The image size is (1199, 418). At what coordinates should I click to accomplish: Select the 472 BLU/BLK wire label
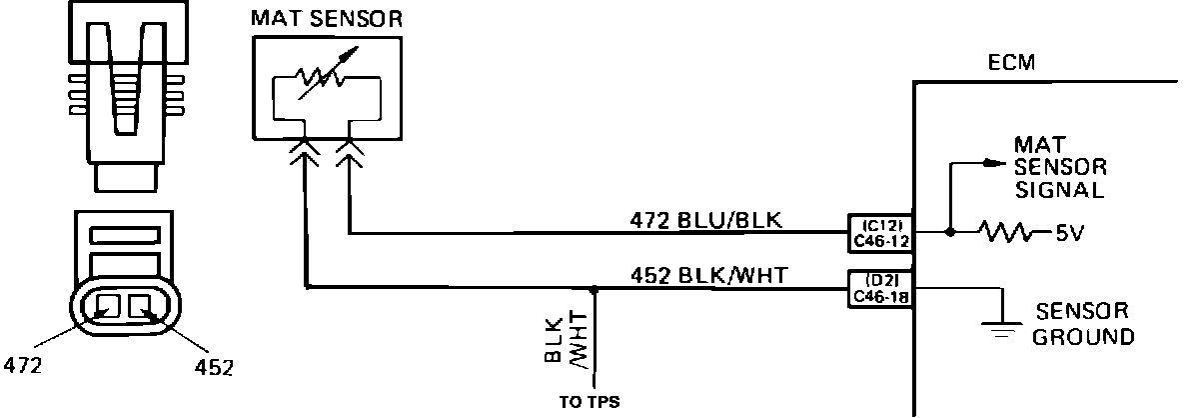point(712,220)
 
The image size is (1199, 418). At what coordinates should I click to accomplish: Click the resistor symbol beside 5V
point(1012,233)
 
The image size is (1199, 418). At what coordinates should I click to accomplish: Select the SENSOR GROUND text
point(1084,323)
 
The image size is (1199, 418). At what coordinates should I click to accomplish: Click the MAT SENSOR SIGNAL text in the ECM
point(1059,167)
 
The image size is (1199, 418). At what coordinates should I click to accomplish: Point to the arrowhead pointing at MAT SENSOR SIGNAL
point(992,162)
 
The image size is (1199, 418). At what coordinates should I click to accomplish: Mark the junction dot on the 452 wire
point(595,288)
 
